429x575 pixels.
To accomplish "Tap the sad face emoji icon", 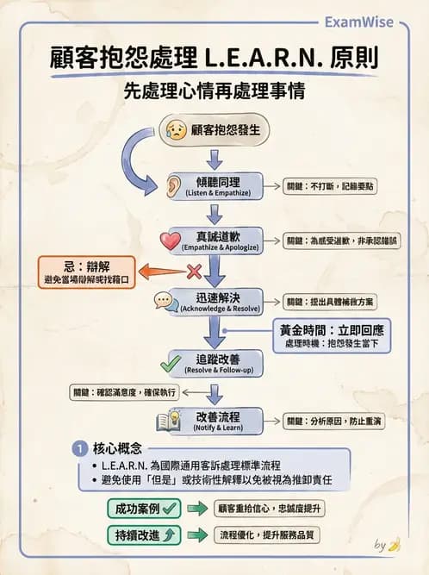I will click(x=177, y=131).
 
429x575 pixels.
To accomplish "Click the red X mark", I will click(x=194, y=272).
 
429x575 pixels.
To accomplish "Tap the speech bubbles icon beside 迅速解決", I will click(x=166, y=301).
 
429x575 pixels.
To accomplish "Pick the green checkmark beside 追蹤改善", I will click(x=171, y=362).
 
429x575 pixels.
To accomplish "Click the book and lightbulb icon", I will click(x=167, y=421).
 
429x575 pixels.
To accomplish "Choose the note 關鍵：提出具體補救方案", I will click(x=330, y=302).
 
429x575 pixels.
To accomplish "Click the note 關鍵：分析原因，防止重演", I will click(x=334, y=421).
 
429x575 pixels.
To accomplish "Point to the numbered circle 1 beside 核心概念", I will click(x=79, y=449).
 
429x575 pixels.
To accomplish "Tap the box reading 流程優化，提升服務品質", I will click(x=269, y=535).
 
